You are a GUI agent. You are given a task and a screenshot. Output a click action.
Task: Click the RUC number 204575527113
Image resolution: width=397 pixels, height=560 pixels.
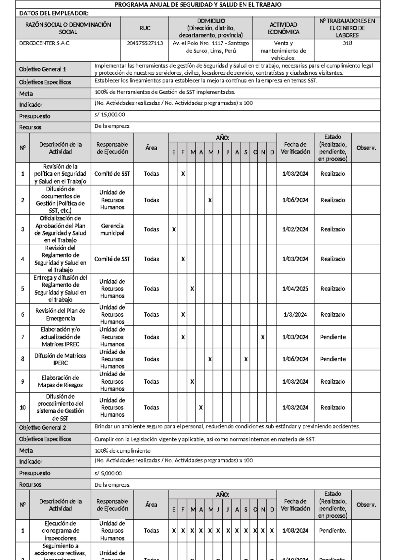(145, 43)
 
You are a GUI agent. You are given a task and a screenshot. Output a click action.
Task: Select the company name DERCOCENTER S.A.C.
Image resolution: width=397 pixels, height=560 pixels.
(45, 43)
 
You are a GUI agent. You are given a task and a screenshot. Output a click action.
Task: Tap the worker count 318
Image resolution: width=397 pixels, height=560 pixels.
(347, 43)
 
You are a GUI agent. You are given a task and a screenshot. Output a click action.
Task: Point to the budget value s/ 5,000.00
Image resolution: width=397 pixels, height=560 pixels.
(108, 473)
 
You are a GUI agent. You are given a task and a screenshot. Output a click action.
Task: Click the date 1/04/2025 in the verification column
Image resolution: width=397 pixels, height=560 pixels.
(295, 289)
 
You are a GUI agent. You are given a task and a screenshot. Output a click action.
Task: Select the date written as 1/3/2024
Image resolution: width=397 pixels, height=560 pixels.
(295, 315)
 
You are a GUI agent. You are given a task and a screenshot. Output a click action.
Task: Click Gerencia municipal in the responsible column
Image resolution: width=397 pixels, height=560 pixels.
(112, 229)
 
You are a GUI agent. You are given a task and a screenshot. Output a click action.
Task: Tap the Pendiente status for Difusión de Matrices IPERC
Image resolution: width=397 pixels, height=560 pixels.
(333, 359)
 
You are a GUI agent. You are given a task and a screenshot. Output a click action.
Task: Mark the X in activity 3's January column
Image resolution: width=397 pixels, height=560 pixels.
(174, 229)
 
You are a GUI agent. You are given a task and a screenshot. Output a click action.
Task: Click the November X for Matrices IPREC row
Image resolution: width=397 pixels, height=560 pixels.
(263, 337)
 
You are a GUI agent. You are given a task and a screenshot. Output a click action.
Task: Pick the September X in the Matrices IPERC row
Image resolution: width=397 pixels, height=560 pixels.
(246, 359)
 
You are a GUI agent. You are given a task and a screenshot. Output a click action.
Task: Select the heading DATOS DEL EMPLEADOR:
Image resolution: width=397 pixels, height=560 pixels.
(54, 13)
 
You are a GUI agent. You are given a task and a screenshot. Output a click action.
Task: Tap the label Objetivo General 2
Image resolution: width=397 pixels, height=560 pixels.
(42, 428)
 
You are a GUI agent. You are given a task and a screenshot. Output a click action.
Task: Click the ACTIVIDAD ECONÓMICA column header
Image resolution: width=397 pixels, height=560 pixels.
(283, 28)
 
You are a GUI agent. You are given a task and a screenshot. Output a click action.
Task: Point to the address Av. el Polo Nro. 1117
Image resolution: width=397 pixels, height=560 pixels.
(211, 43)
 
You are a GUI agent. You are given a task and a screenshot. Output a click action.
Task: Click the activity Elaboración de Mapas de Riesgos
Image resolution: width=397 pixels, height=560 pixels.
(60, 381)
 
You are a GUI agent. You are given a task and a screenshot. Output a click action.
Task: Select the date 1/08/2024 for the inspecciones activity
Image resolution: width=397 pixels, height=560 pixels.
(295, 531)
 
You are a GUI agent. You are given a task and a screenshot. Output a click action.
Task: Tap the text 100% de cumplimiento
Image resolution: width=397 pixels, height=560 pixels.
(122, 451)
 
